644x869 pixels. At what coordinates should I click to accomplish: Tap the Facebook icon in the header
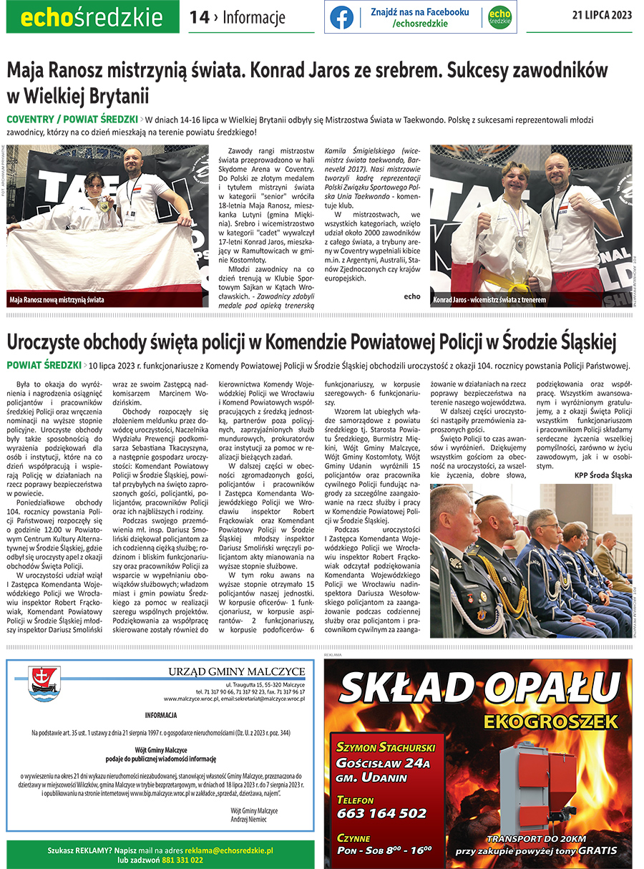point(341,17)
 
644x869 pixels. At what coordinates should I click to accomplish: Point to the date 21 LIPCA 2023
point(602,16)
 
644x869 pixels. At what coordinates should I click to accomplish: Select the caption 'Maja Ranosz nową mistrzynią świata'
point(57,300)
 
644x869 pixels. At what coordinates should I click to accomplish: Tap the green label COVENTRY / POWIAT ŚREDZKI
point(72,118)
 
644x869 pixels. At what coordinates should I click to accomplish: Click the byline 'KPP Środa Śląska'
point(603,475)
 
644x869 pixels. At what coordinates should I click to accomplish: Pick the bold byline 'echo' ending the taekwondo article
point(412,296)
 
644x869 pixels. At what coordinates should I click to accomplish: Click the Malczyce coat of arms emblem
point(44,679)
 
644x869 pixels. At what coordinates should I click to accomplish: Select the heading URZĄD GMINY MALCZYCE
point(236,671)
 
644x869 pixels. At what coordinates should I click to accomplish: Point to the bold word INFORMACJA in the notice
point(160,715)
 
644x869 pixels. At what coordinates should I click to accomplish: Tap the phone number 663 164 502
point(381,813)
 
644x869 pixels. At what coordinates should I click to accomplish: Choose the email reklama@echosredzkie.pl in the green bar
point(230,850)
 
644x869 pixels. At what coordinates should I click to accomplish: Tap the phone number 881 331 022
point(182,860)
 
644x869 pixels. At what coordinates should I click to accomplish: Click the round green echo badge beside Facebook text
point(499,17)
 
